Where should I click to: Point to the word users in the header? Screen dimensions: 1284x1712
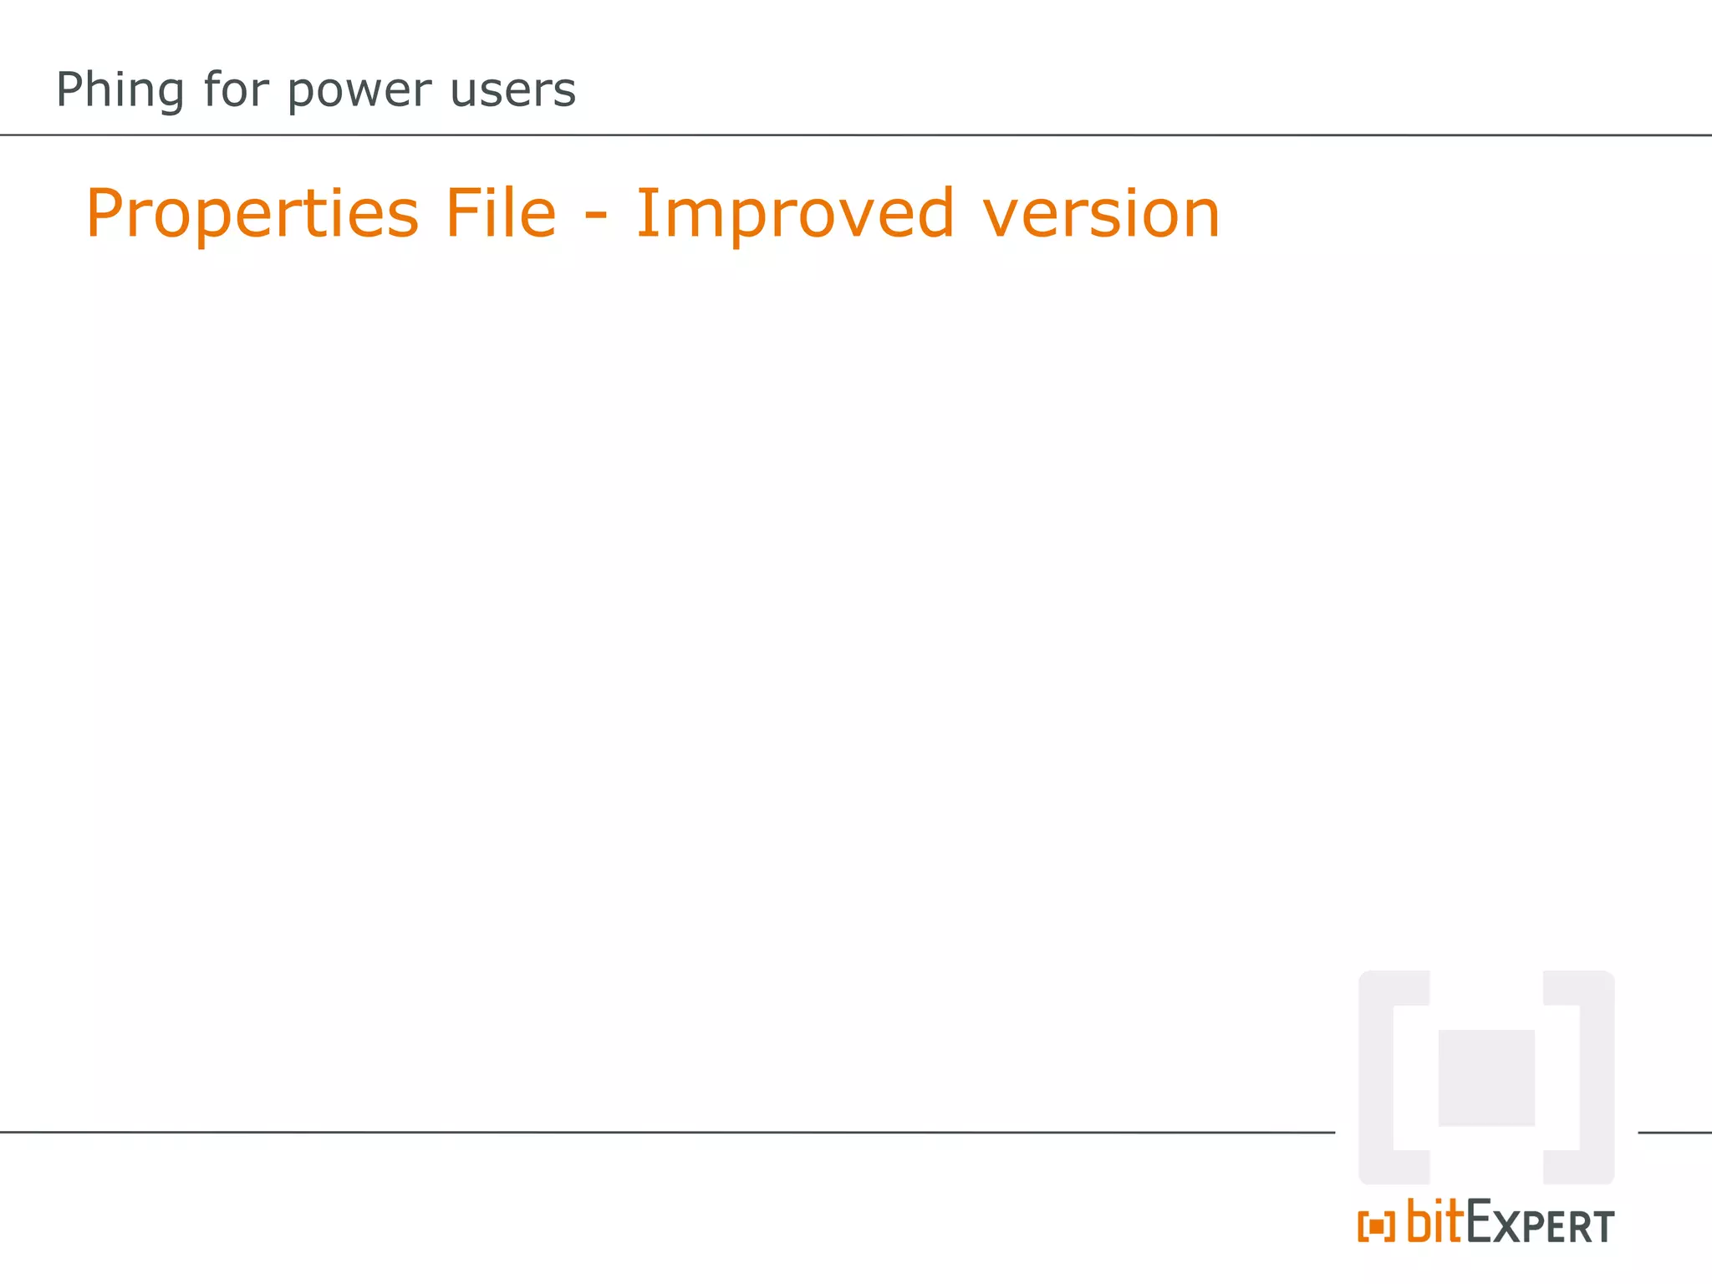click(x=512, y=90)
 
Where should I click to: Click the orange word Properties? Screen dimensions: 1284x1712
click(x=252, y=215)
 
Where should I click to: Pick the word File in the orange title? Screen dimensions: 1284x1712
click(x=500, y=213)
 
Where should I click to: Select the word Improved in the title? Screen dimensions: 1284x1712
click(x=795, y=213)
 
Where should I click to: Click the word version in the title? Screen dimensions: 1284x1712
click(x=1101, y=215)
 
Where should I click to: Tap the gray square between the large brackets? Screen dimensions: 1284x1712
click(x=1486, y=1078)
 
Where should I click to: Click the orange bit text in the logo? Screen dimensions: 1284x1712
click(x=1435, y=1221)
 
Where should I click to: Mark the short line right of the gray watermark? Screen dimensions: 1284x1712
click(x=1674, y=1133)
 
